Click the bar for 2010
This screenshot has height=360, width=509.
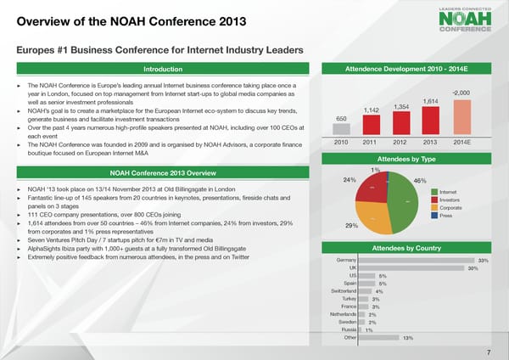[x=341, y=130]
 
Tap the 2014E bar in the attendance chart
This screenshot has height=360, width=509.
[x=461, y=117]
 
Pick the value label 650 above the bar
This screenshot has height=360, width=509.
[x=341, y=119]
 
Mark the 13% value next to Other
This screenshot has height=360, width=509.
[x=408, y=338]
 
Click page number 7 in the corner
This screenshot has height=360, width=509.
[x=489, y=352]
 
